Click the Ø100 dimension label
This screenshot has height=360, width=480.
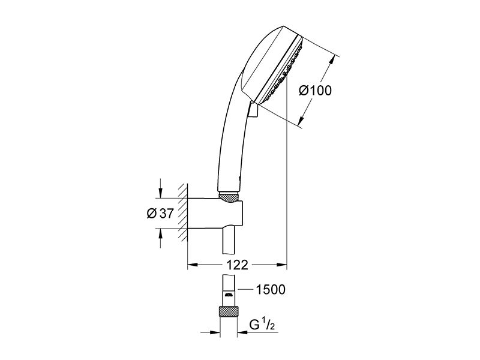(x=315, y=91)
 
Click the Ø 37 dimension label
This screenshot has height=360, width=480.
(x=160, y=214)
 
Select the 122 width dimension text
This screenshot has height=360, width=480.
(x=236, y=265)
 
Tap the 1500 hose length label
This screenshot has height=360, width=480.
(x=271, y=289)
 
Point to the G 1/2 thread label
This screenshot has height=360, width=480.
(x=262, y=325)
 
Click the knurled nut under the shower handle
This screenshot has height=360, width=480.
(x=229, y=197)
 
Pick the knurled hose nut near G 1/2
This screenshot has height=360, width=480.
(x=229, y=311)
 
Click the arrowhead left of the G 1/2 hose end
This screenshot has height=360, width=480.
(x=215, y=332)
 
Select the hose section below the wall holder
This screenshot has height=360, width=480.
(x=229, y=241)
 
